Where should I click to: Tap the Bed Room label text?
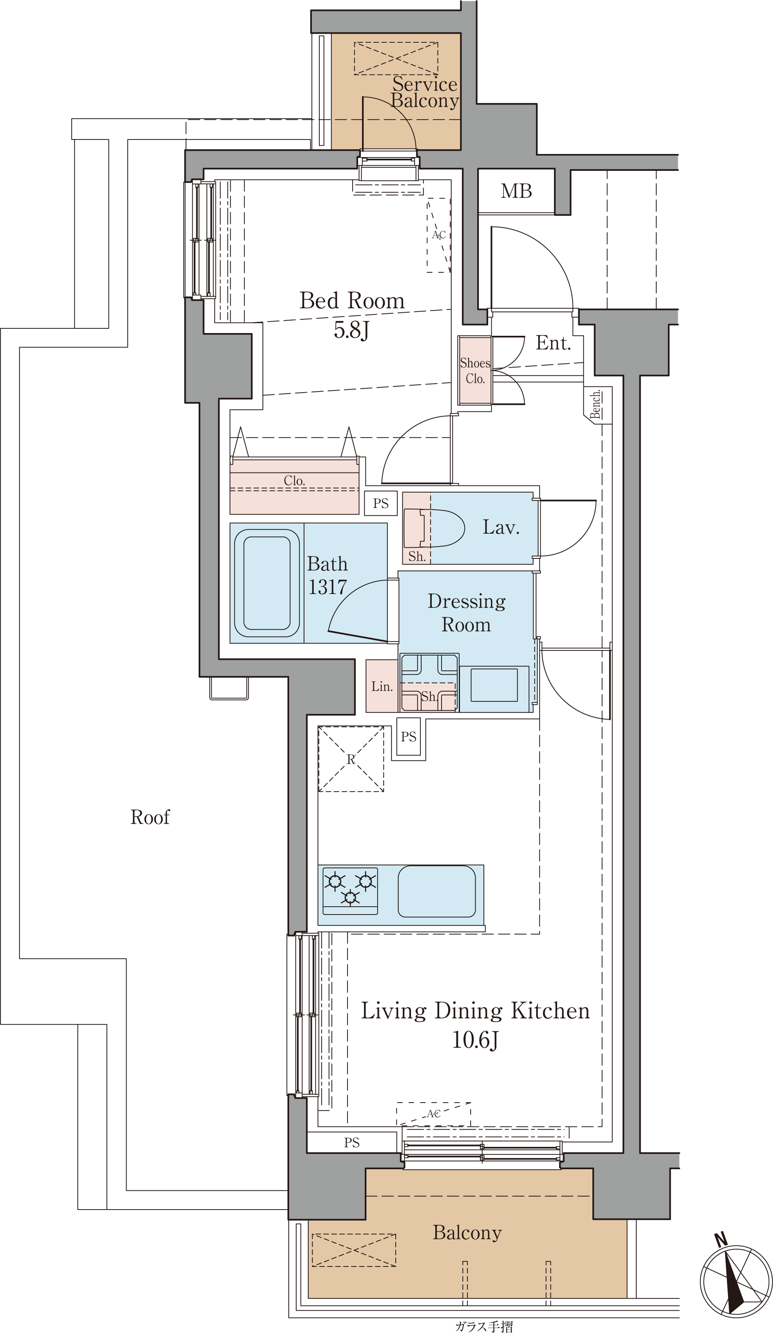pos(352,301)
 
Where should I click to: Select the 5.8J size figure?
pos(351,330)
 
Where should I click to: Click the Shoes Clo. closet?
pos(474,370)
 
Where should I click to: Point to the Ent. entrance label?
pos(553,343)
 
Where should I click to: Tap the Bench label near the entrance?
pos(596,405)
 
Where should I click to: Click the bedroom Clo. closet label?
pos(294,480)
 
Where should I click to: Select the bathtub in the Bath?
pos(267,583)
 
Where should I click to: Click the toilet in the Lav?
pos(434,528)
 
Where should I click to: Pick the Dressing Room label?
pos(466,612)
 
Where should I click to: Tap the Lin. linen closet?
pos(382,686)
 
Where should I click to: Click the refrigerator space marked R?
pos(351,759)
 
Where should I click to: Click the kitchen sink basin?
pos(436,891)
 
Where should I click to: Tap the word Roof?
pos(150,817)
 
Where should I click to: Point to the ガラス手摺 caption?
pos(483,1326)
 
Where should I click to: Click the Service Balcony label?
pos(424,92)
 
